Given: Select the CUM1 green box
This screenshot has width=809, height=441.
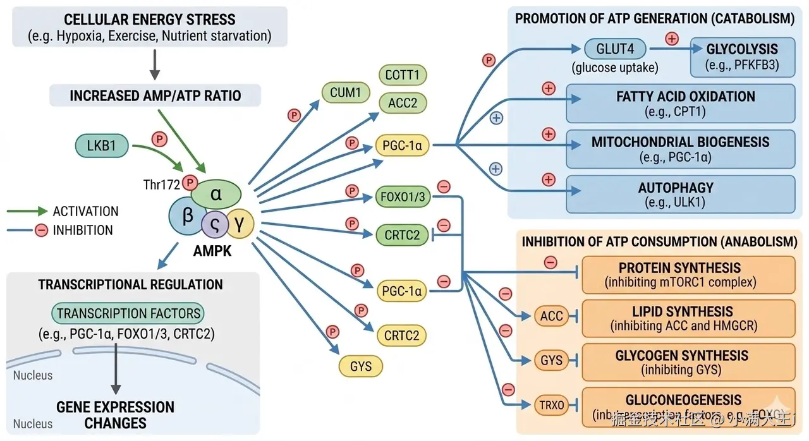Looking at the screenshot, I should point(345,93).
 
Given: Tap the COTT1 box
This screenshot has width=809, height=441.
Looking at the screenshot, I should point(403,75).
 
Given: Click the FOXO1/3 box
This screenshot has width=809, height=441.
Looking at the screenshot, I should point(403,196).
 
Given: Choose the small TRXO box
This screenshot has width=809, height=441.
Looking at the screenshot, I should point(552,404).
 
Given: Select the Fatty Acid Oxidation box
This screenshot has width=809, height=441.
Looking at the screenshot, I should point(680,104).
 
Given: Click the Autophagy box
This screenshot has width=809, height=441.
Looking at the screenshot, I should point(680,195).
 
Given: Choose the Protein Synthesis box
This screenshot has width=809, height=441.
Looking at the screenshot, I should point(688,275).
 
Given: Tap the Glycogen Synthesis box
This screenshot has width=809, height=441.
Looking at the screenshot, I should point(688,362).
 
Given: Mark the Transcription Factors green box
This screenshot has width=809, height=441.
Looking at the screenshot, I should point(128,313).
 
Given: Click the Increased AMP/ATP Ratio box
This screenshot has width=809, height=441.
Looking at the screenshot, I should point(155,96).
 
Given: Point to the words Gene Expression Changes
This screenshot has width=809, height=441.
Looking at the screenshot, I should point(115,414).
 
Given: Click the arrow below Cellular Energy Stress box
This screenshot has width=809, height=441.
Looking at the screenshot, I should point(155,65).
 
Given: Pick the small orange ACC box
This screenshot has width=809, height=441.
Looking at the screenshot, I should point(552,316).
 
